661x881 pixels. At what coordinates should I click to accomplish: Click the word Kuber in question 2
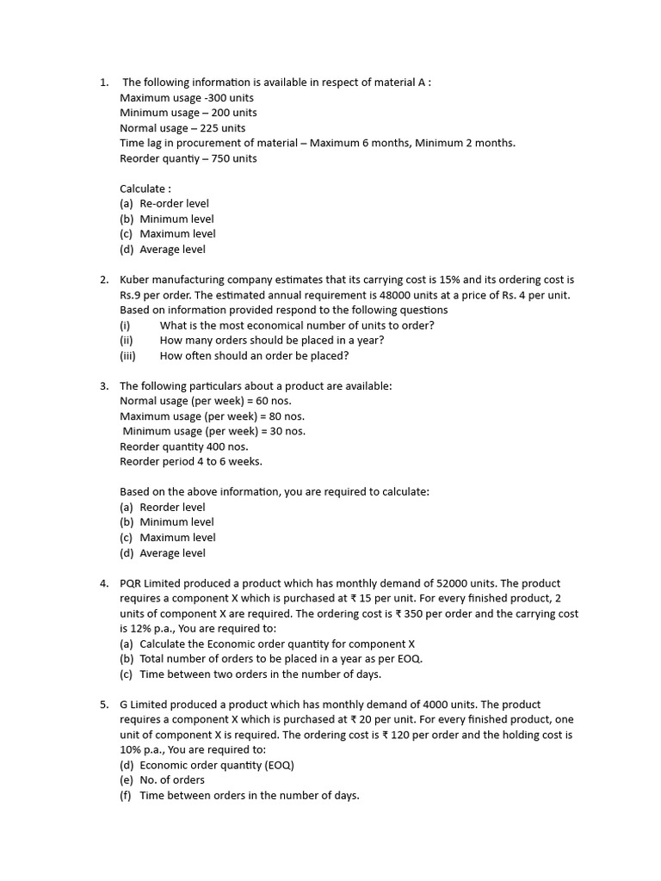pyautogui.click(x=135, y=280)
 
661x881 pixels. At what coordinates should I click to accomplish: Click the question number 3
pyautogui.click(x=103, y=386)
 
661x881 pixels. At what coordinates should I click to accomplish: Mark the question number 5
pyautogui.click(x=103, y=705)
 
